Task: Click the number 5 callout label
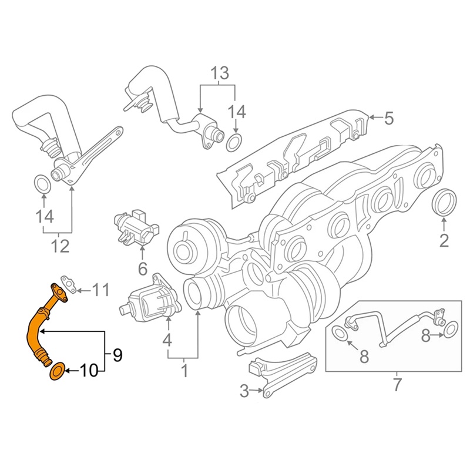tap(389, 119)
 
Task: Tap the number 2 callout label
tap(444, 240)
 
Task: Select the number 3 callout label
tap(244, 390)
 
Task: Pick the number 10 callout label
tap(89, 371)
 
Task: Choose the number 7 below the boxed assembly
tap(397, 385)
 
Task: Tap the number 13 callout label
tap(219, 74)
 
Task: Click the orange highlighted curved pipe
tap(34, 329)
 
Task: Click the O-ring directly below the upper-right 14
tap(235, 141)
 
